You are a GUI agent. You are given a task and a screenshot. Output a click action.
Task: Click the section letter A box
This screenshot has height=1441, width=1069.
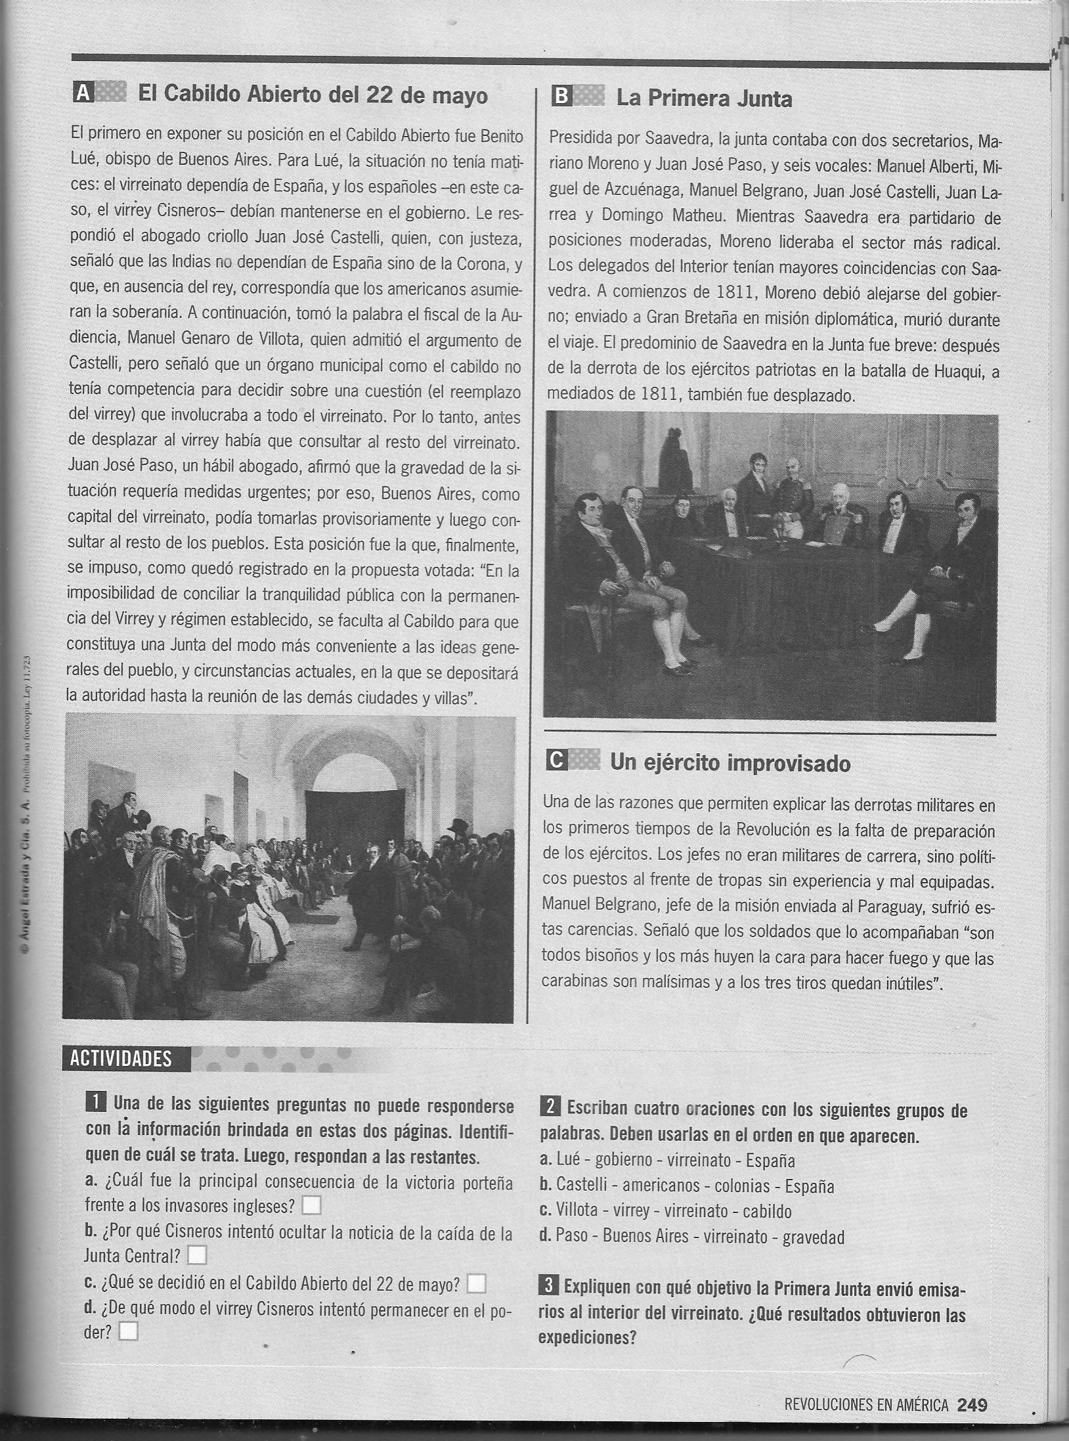pos(82,94)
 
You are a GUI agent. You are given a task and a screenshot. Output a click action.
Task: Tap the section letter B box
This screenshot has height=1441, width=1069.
pos(561,97)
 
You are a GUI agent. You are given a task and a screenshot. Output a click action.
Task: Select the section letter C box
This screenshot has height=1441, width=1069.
pos(556,761)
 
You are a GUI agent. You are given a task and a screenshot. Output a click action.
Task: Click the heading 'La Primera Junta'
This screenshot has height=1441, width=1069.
pos(704,99)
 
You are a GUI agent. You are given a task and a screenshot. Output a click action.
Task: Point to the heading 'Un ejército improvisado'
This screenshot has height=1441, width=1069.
pos(730,763)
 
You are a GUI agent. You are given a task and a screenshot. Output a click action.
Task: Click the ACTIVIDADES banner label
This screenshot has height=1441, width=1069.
pos(121,1058)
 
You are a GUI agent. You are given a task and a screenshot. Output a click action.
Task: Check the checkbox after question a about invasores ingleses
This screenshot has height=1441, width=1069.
pos(311,1205)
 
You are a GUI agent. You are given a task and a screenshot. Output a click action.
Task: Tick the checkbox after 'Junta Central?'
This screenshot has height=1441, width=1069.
pos(197,1255)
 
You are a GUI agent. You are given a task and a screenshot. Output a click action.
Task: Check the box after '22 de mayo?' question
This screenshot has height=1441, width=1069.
pos(476,1283)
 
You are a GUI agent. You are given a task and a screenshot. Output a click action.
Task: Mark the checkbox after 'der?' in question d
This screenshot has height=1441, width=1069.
pos(129,1331)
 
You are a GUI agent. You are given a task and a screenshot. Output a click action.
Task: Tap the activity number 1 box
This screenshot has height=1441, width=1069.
pos(95,1103)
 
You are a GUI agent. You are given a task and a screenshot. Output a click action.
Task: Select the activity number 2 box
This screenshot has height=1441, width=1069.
pos(549,1107)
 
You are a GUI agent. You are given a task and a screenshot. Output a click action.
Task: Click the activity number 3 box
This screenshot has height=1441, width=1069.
pos(549,1287)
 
